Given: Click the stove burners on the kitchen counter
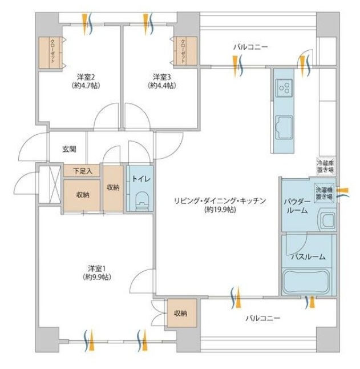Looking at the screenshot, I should (284, 87).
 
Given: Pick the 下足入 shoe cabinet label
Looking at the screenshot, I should (82, 170).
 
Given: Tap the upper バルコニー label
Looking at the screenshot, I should (249, 46).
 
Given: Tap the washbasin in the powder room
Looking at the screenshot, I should (327, 219).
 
